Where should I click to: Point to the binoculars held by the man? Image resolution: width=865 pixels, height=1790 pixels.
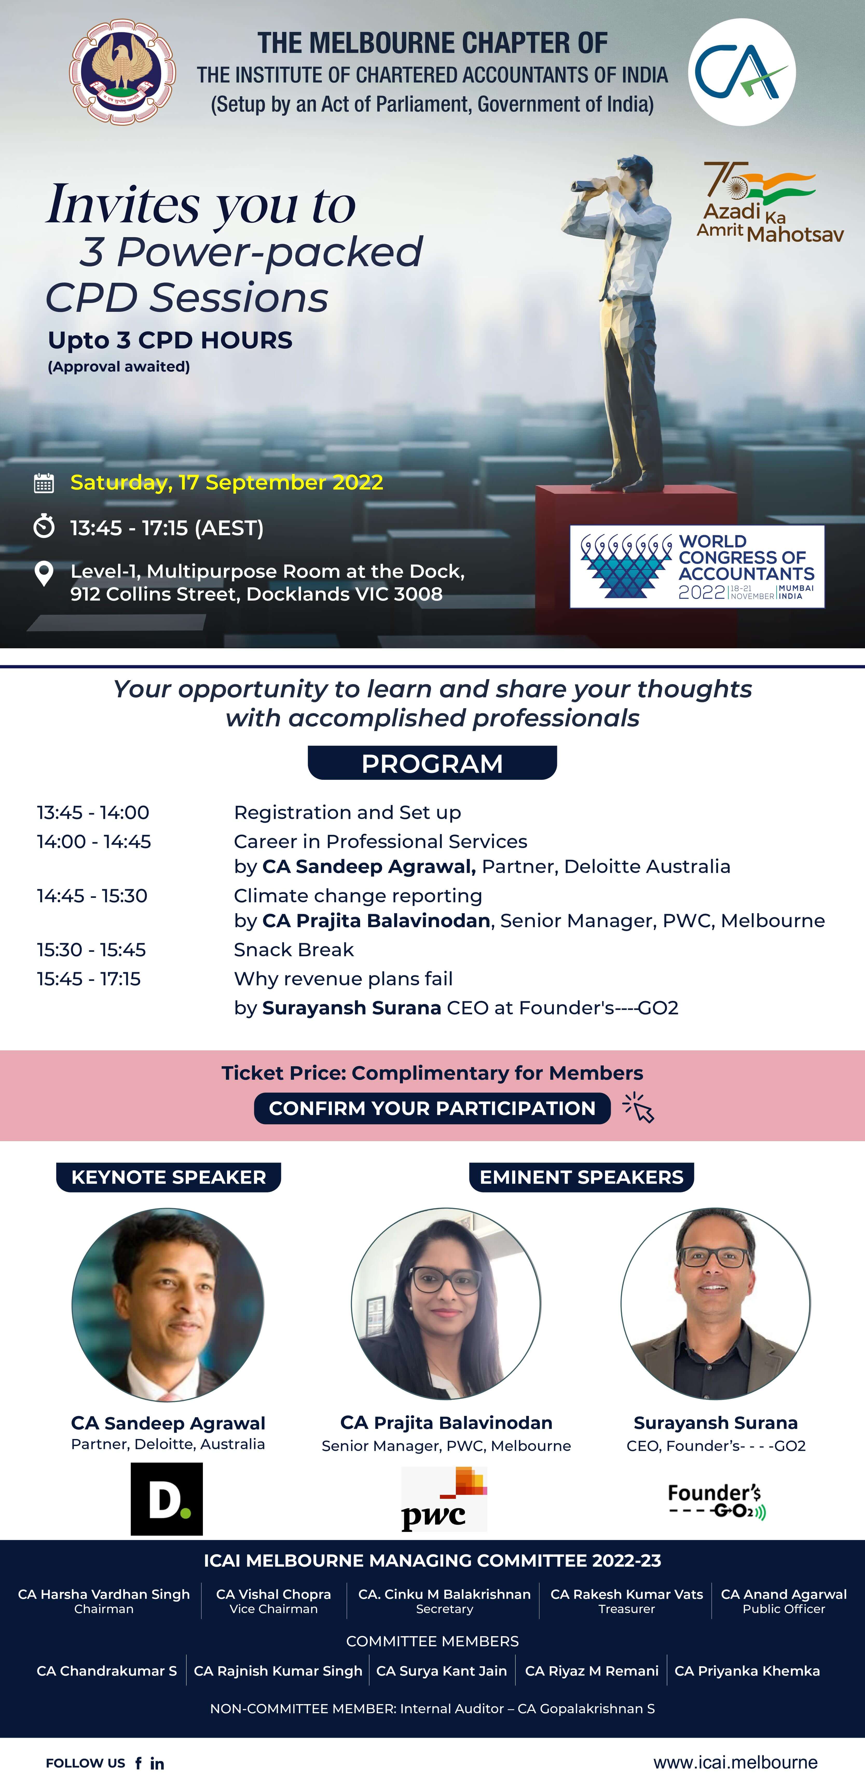click(594, 185)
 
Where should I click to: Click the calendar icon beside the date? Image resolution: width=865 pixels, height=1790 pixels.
click(44, 483)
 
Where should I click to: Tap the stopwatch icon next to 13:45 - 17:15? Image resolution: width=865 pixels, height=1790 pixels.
click(44, 526)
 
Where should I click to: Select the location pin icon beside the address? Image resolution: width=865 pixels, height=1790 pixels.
click(44, 573)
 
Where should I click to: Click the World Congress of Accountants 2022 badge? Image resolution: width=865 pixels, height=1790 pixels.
click(697, 566)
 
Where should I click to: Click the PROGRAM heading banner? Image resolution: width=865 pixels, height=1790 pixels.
click(432, 763)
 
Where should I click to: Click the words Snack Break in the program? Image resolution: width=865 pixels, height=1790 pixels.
click(294, 949)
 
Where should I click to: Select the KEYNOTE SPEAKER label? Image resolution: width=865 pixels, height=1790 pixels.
click(169, 1177)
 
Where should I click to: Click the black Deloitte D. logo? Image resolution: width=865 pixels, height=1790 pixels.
click(167, 1499)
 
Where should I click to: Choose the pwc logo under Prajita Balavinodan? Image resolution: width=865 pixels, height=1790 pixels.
click(444, 1499)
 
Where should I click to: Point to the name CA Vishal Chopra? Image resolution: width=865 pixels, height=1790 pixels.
click(274, 1594)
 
